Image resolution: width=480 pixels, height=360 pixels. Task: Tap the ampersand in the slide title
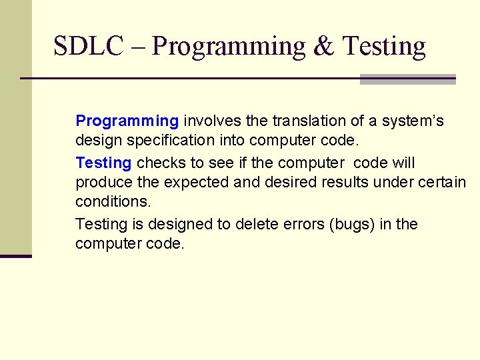(x=323, y=47)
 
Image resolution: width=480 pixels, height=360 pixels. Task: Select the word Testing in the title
(x=383, y=47)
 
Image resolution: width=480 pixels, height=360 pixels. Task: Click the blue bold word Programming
(x=127, y=121)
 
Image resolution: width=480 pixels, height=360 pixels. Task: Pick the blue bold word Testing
(x=103, y=163)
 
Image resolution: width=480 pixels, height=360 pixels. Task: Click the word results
(x=341, y=183)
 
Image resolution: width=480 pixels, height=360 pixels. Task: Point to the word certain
(x=441, y=183)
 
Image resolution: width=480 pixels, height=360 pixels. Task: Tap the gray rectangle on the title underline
(x=407, y=79)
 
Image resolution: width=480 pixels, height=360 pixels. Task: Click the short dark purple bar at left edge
(x=15, y=256)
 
